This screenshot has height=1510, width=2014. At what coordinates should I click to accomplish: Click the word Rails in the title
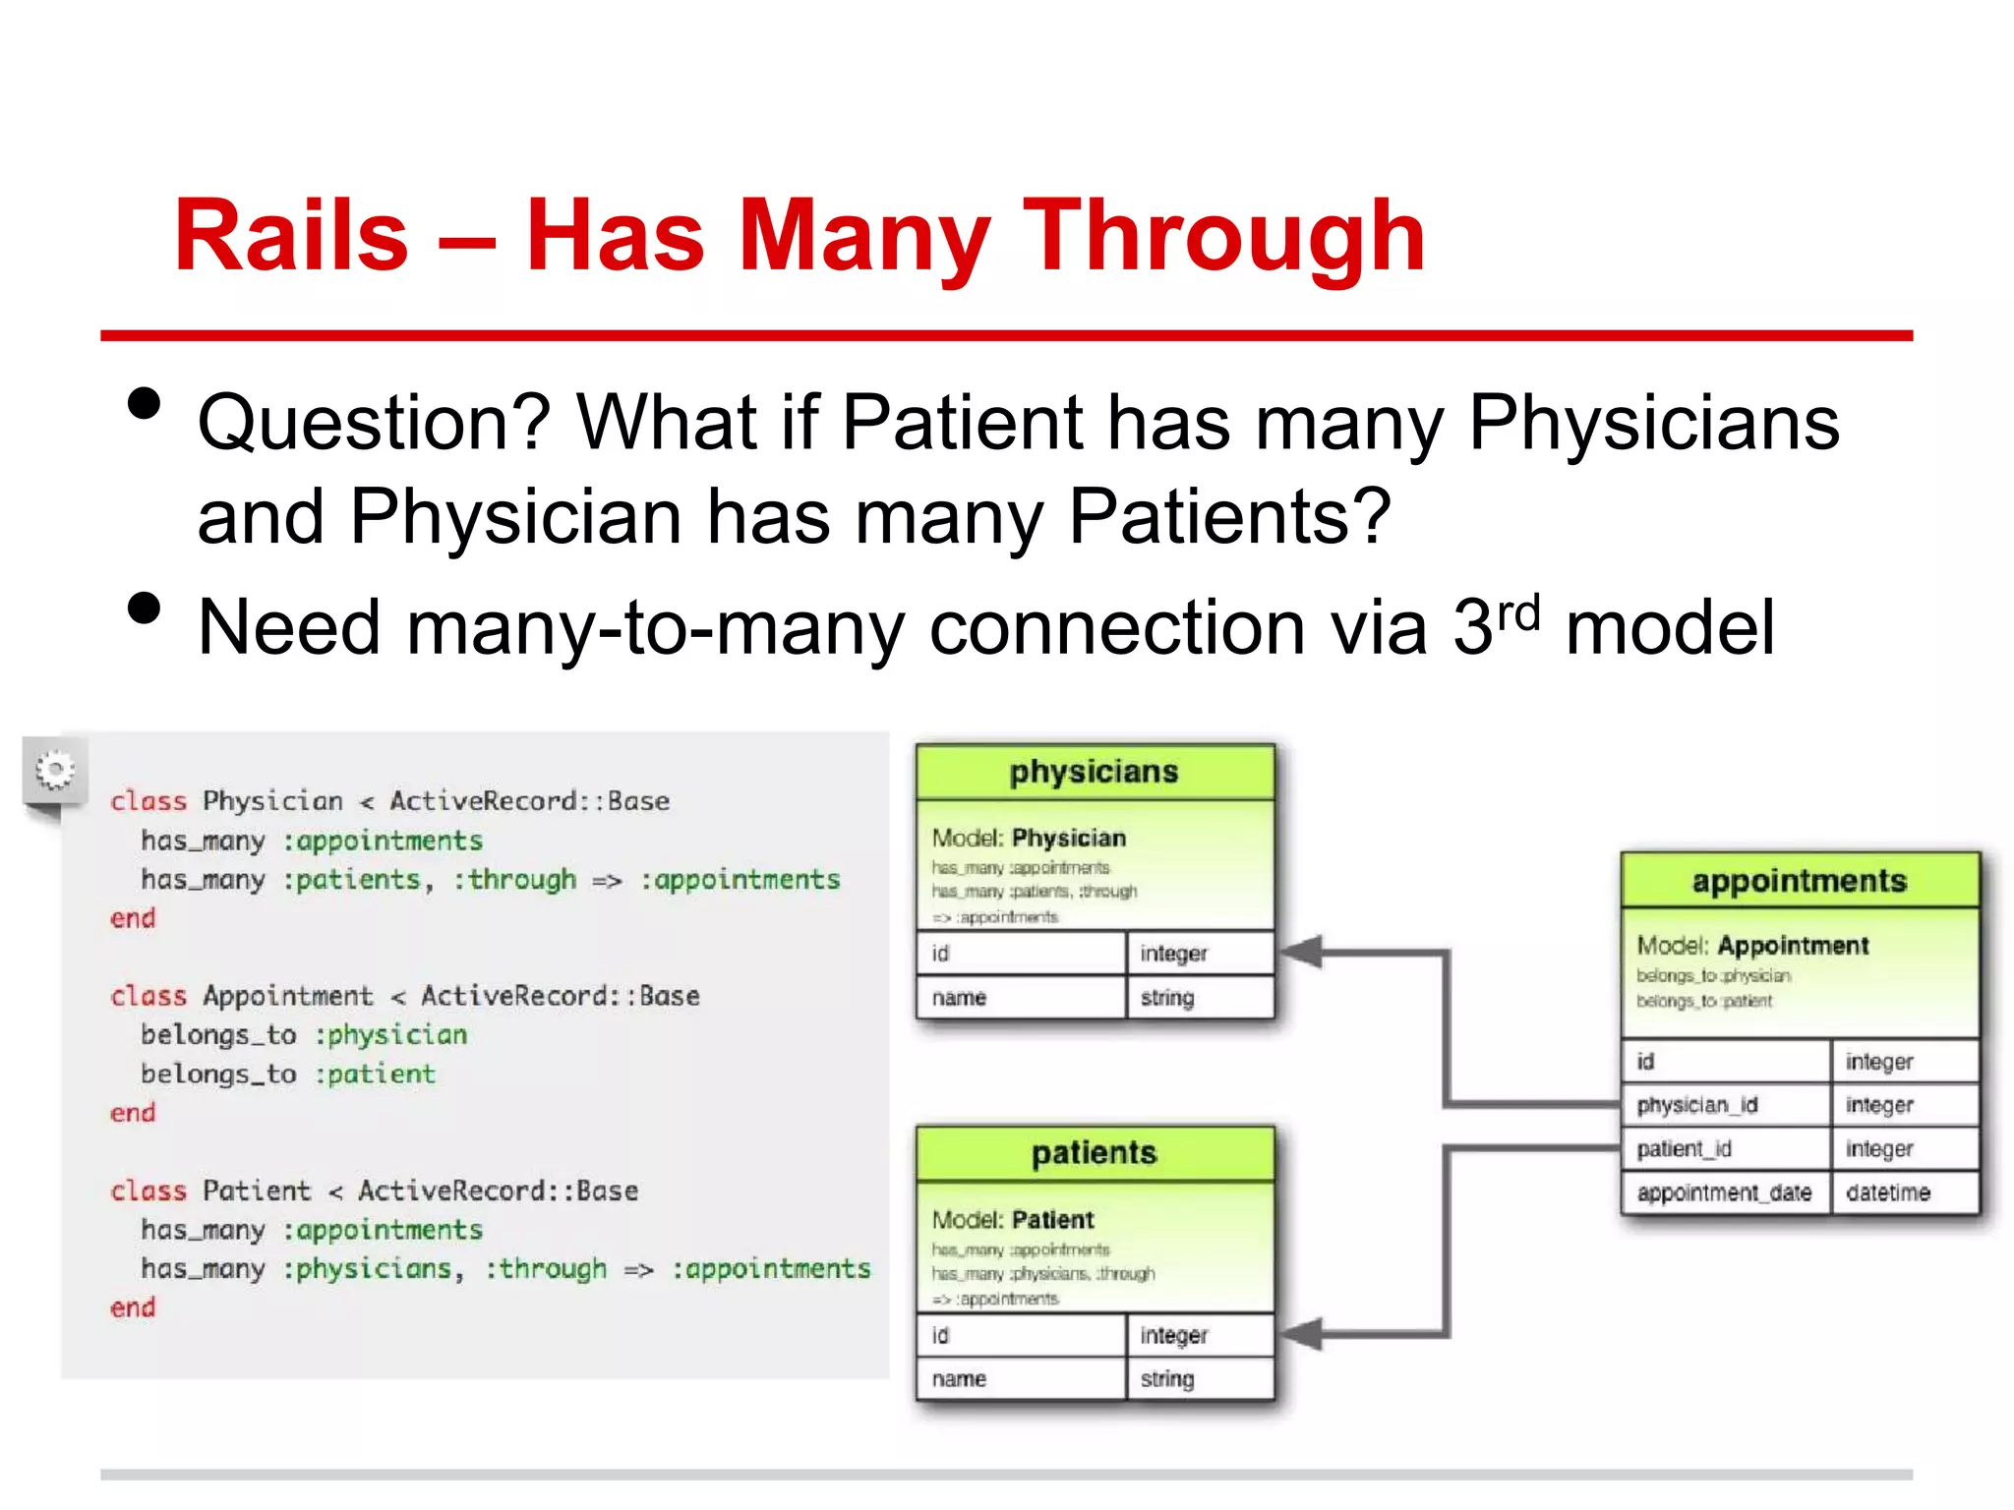point(291,236)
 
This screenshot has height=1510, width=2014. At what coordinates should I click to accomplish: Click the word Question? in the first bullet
point(374,423)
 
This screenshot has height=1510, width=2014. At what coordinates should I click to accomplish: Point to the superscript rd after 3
point(1517,614)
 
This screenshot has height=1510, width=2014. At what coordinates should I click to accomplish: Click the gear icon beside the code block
point(55,769)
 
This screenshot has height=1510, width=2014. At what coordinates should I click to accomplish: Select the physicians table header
point(1094,772)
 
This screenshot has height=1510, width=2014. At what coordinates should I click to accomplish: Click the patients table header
point(1094,1153)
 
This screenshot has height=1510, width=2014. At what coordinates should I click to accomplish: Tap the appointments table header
point(1799,881)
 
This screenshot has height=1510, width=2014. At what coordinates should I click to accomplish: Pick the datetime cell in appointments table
point(1887,1192)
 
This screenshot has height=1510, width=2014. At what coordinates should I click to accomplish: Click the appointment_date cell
point(1723,1192)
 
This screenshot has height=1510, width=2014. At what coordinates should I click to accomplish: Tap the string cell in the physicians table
point(1167,998)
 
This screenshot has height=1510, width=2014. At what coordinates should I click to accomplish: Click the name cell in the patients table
point(959,1378)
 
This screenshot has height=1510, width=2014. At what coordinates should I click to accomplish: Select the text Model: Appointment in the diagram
point(1751,946)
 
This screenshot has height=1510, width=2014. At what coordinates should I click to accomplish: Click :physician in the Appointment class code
point(390,1035)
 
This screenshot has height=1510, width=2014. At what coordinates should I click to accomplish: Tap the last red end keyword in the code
point(133,1307)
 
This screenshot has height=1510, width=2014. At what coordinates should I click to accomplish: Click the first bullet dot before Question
point(144,403)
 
